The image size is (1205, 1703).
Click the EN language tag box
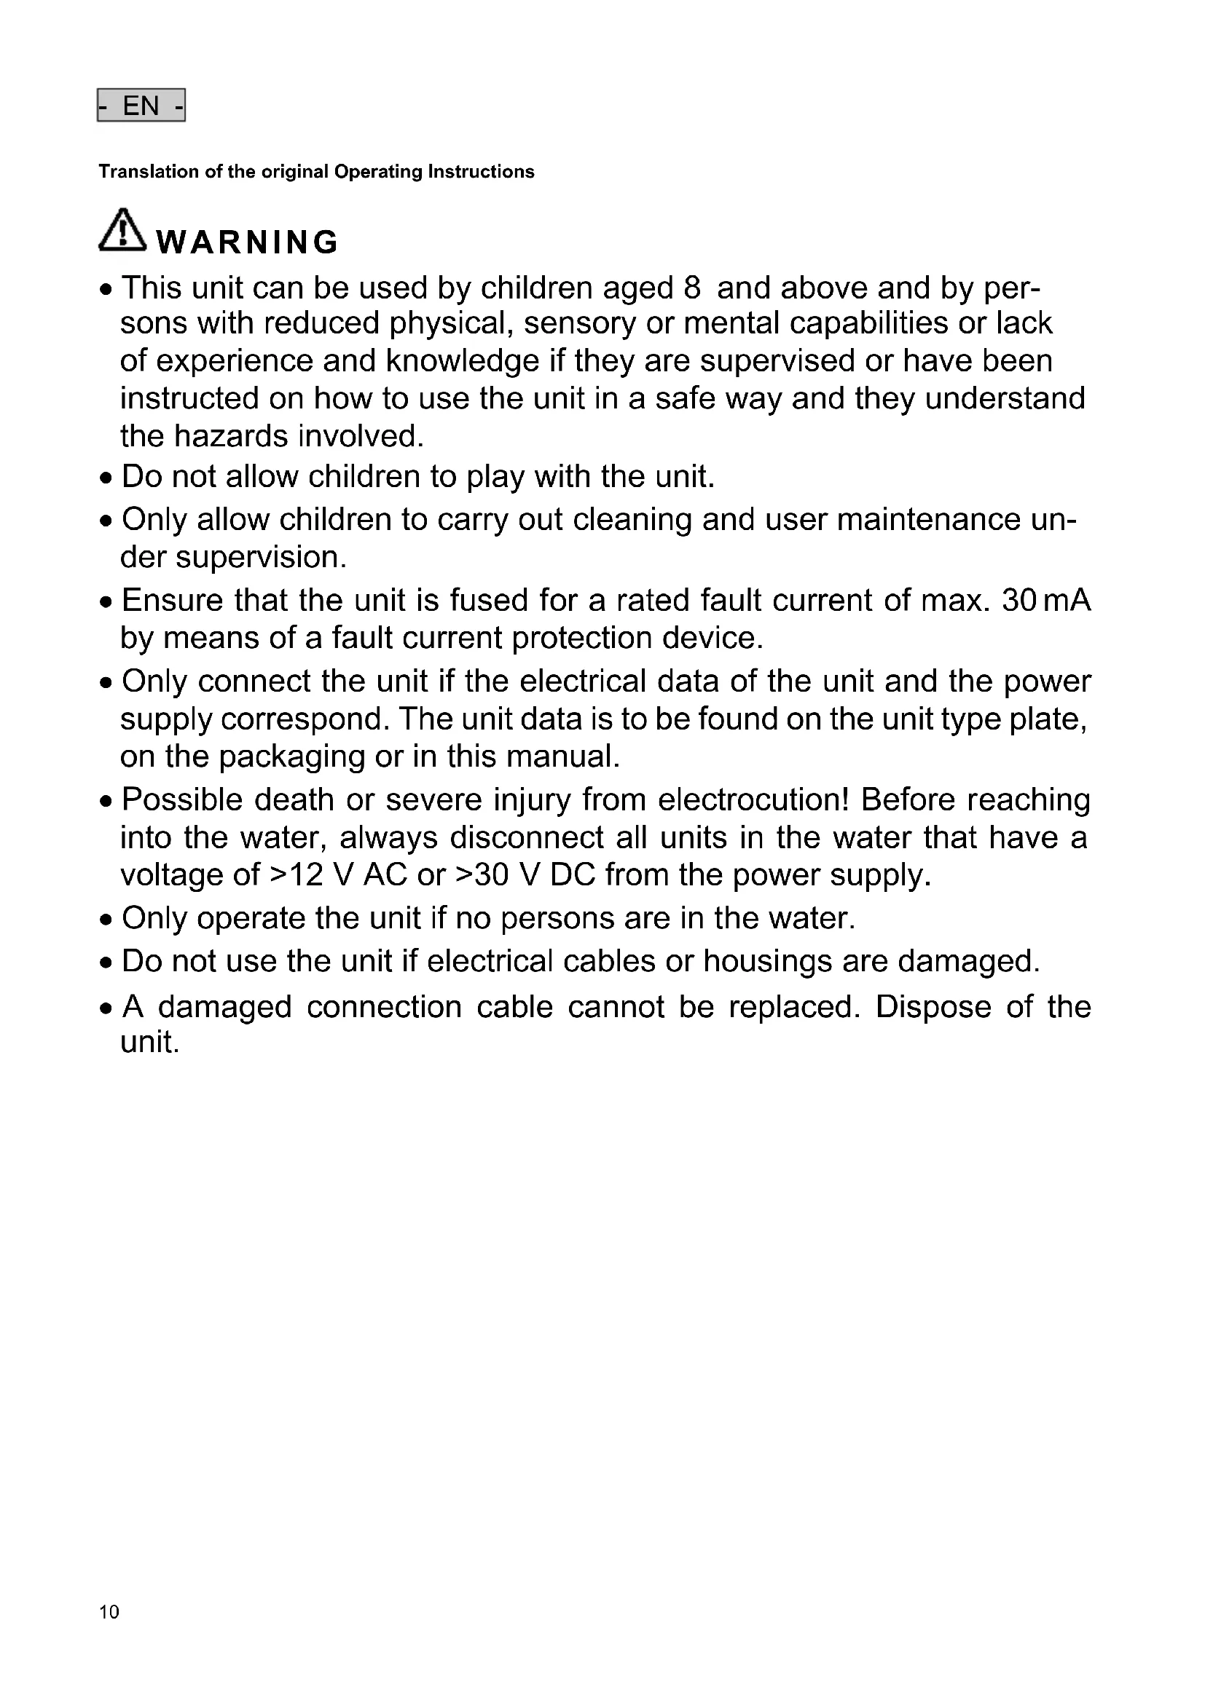coord(141,106)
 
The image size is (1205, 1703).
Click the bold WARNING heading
coord(248,242)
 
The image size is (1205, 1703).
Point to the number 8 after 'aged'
coord(691,288)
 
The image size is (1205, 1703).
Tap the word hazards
coord(231,436)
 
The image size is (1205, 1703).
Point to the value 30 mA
coord(1046,600)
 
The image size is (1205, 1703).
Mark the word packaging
coord(291,756)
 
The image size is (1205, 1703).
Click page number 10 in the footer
coord(109,1611)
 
